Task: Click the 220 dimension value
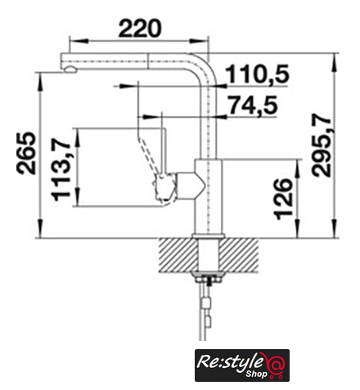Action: coord(140,28)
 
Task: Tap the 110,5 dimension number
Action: coord(257,74)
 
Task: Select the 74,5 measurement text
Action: coord(254,105)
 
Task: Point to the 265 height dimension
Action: coord(26,153)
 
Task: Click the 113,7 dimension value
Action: coord(61,169)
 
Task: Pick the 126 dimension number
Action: coord(284,199)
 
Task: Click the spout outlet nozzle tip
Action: coord(71,69)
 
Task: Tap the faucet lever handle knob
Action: coord(164,189)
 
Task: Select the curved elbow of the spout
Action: coord(208,65)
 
